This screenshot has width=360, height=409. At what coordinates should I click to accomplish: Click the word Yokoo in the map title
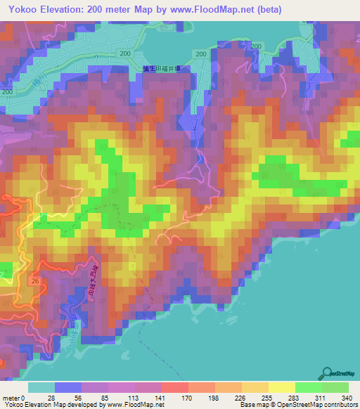point(21,8)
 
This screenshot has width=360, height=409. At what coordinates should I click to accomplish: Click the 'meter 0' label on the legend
point(13,398)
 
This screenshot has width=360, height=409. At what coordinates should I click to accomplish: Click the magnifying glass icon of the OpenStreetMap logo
point(328,373)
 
